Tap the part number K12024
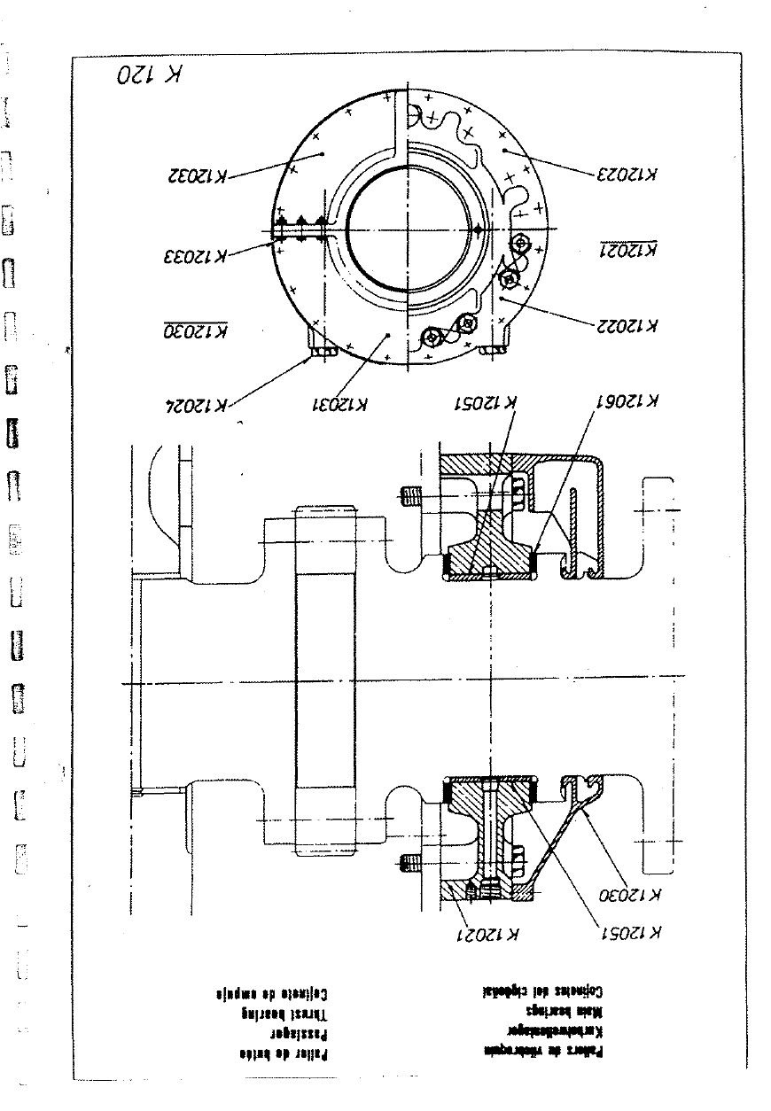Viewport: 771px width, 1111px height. pos(197,405)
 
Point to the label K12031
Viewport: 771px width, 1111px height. pos(339,405)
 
